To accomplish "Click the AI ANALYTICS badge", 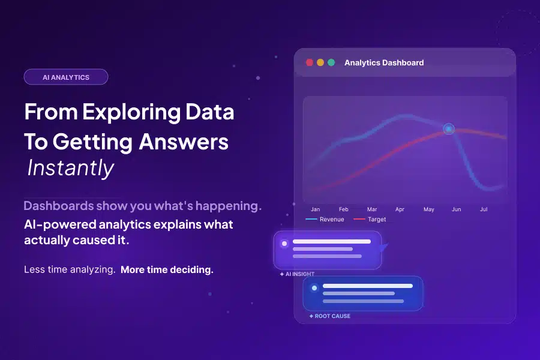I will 66,77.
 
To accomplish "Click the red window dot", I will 310,62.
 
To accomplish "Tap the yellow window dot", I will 320,62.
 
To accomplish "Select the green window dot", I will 331,62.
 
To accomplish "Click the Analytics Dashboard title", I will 384,62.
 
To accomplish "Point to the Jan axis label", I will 316,209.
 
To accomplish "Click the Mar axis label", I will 372,209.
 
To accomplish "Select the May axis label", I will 428,209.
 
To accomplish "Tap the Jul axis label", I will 484,209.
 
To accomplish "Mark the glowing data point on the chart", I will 449,129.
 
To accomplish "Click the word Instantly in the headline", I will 71,168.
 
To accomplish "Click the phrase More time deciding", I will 167,269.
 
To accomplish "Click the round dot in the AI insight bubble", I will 284,244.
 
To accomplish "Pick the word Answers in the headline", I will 184,141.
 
